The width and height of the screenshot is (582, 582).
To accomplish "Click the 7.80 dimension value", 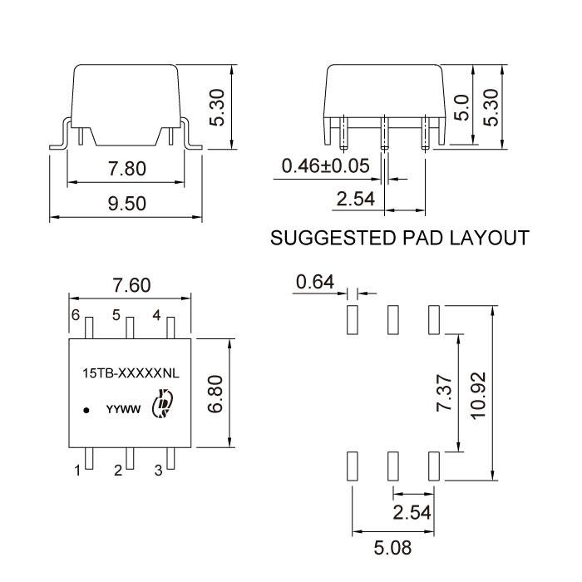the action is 127,169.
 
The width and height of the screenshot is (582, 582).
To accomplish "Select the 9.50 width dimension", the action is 127,204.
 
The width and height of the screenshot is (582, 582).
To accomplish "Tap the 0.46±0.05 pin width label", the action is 326,166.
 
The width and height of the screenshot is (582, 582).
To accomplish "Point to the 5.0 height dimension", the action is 461,107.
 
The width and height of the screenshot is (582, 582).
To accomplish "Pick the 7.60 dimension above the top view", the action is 131,285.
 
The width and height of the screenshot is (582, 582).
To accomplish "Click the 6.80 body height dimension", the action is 215,394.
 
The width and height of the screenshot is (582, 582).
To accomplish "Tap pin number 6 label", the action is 76,315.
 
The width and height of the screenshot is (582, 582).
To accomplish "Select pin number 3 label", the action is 159,471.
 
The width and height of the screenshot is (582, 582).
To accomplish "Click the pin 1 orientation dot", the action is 86,411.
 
